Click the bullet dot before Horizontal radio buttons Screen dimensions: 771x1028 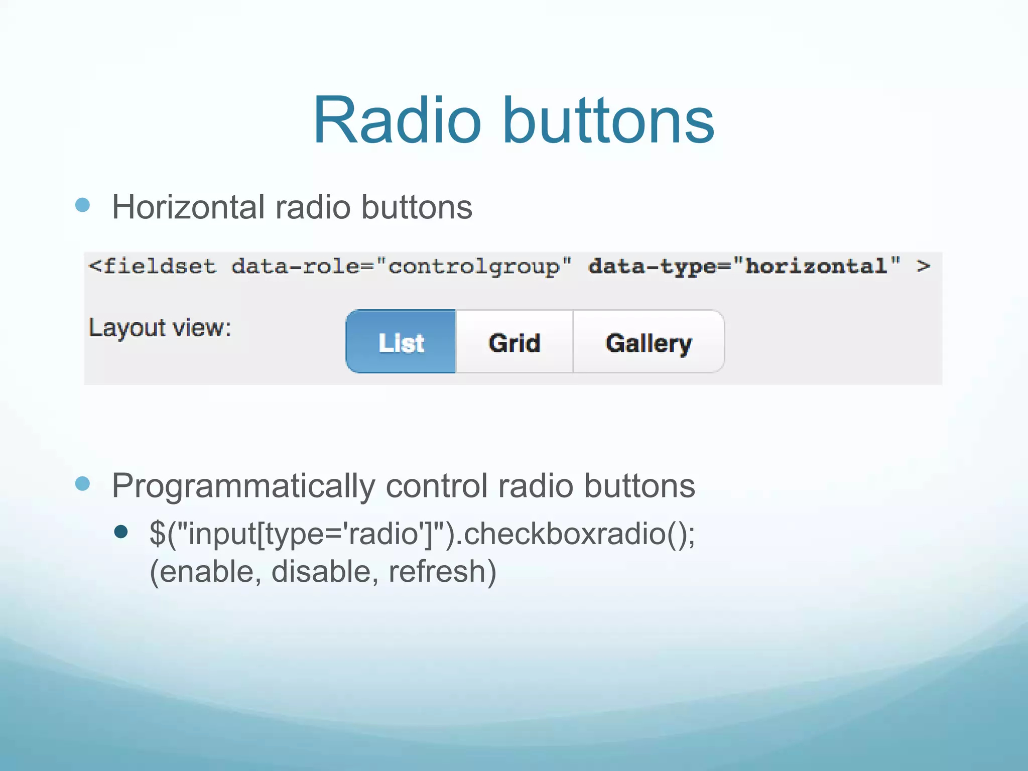coord(82,205)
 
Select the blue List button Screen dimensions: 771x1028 coord(401,342)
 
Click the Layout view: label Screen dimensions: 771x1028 coord(160,328)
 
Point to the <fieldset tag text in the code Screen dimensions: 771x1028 coord(152,266)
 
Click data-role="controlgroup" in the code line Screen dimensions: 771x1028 coord(401,267)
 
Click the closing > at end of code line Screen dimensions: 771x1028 coord(923,266)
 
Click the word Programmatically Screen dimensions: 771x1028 coord(243,486)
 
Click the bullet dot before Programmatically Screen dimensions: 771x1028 coord(82,484)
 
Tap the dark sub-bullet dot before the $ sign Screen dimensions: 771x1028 coord(121,532)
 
